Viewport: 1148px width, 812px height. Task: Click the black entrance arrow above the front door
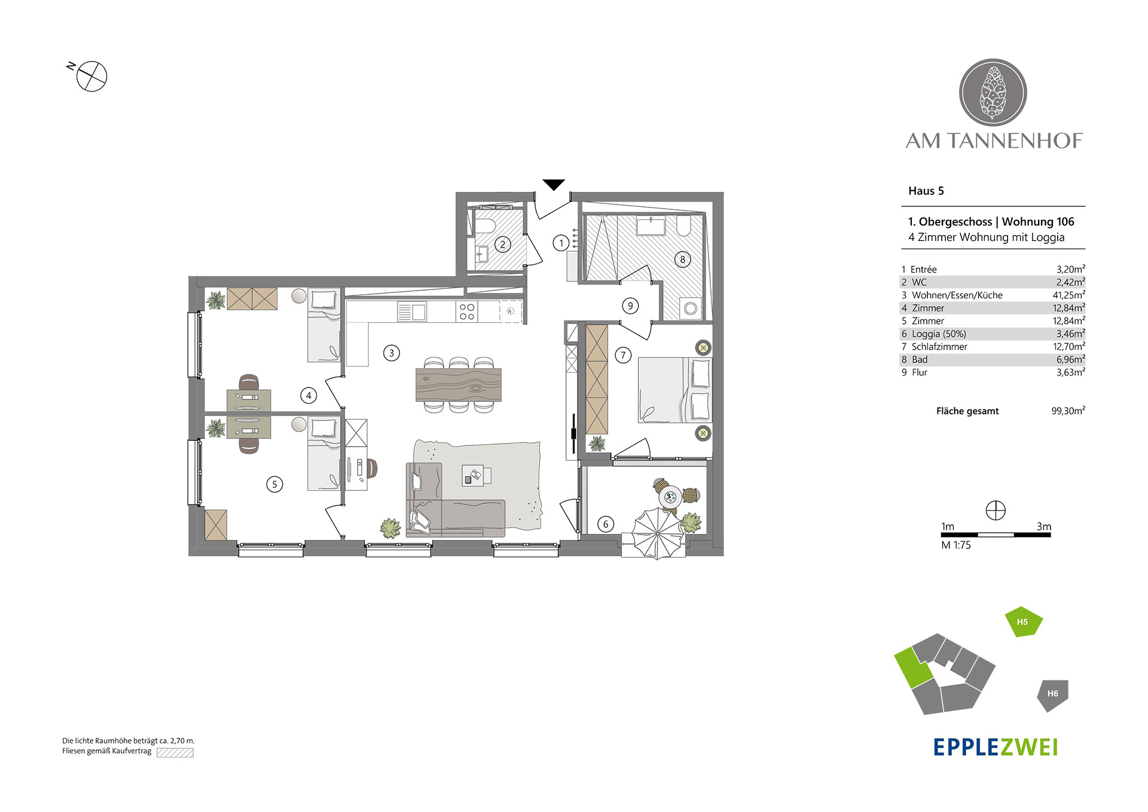[554, 185]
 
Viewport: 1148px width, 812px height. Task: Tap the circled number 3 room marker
[392, 353]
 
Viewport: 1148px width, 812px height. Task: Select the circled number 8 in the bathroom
[682, 260]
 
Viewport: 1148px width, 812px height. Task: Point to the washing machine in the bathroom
[691, 309]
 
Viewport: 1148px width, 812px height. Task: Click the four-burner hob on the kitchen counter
[467, 312]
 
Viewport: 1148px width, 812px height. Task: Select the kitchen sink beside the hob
[412, 312]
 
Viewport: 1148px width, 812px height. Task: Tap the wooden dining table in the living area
[459, 384]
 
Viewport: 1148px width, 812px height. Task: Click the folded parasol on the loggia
[657, 533]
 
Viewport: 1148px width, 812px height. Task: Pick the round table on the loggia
[670, 496]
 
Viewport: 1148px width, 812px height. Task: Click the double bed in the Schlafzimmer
[675, 390]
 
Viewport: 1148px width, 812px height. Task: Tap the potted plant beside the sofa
[391, 528]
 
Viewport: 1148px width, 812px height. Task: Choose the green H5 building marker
[1023, 622]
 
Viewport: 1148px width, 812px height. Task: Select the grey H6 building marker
[1052, 695]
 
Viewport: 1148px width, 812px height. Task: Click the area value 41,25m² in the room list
[1068, 295]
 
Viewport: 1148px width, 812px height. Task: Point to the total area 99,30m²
[1068, 411]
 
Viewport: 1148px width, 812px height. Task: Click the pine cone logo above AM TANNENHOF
[993, 93]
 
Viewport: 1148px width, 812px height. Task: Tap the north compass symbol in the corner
[91, 77]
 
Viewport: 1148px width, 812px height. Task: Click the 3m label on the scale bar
[1044, 527]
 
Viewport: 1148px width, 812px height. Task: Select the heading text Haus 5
[926, 191]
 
